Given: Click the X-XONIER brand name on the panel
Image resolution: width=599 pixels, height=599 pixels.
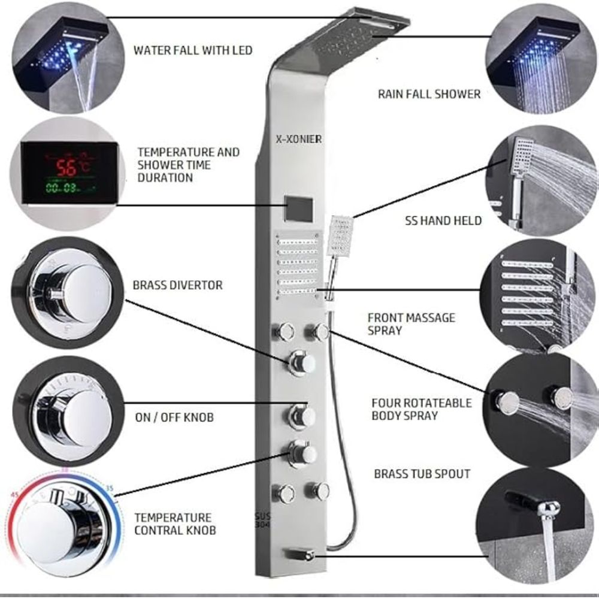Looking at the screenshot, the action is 299,139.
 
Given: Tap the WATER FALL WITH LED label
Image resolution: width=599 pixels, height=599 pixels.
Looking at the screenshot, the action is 193,50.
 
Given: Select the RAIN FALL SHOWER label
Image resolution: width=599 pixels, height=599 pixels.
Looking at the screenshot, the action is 429,94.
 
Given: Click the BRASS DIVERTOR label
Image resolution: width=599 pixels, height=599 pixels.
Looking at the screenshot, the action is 178,285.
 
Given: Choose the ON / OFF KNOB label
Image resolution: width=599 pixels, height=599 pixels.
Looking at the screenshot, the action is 174,417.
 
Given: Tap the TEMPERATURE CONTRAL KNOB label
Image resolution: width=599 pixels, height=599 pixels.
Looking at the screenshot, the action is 175,524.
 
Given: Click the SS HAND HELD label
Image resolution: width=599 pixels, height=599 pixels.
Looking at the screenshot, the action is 443,220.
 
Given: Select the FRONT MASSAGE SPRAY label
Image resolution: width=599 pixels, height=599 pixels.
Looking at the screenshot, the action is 412,324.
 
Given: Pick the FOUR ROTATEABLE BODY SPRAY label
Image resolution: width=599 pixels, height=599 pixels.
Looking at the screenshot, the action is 421,409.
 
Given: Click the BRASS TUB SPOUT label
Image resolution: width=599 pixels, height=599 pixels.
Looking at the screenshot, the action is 422,474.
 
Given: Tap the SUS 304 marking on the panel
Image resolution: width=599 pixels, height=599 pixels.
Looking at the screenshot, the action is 262,521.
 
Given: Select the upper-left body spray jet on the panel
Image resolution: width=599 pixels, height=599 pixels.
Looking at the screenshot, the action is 283,331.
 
